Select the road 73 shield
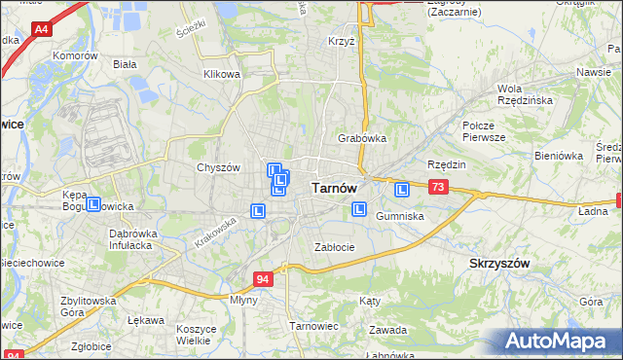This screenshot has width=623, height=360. [x=438, y=187]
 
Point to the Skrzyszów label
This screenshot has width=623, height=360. [x=499, y=264]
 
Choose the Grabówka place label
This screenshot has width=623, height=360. [x=362, y=138]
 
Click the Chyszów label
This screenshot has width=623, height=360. [x=218, y=167]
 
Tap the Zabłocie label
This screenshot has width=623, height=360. [x=334, y=247]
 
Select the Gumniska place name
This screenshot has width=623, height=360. [x=399, y=216]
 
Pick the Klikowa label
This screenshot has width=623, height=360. [x=222, y=74]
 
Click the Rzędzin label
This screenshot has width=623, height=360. [x=447, y=164]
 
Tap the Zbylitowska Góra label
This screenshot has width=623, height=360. [x=87, y=306]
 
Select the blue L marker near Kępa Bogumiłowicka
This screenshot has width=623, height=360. [x=94, y=204]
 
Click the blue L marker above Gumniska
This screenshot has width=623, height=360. [x=400, y=189]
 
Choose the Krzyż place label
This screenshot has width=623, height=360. [x=341, y=42]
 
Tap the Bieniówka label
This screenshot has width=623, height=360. [x=558, y=156]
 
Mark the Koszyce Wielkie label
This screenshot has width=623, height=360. [x=196, y=335]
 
